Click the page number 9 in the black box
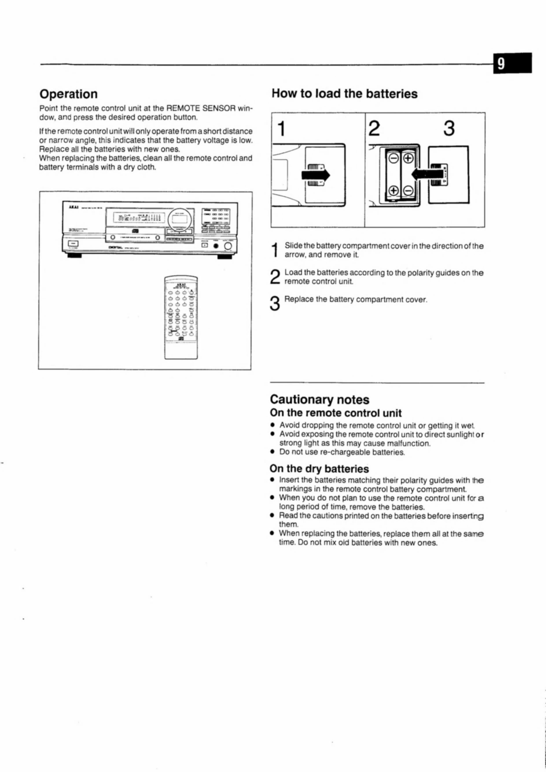coord(501,63)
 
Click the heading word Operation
coord(69,94)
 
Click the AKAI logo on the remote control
coord(181,284)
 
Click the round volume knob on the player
coord(228,246)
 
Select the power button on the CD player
coord(73,244)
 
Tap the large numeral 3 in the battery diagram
coord(449,129)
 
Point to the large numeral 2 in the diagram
coord(374,129)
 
